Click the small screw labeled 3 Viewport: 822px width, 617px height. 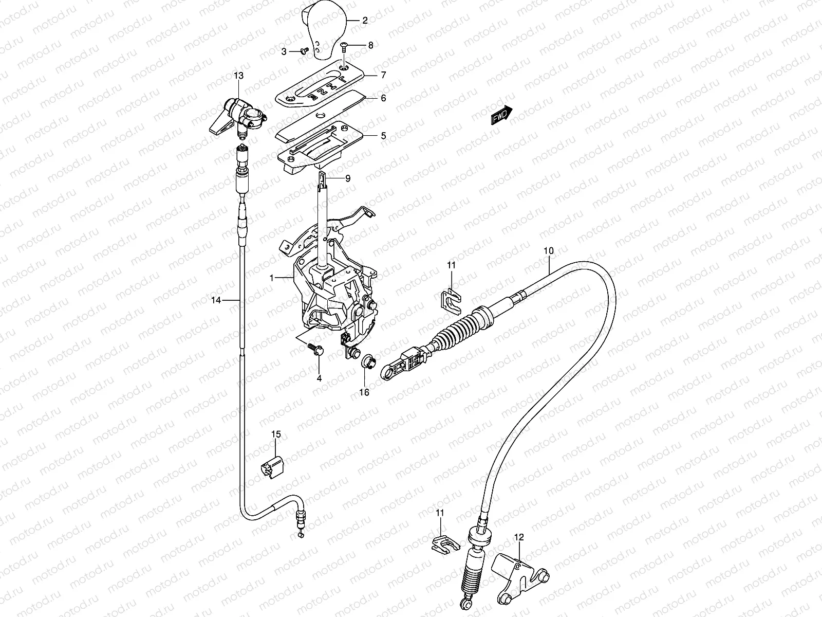pyautogui.click(x=304, y=51)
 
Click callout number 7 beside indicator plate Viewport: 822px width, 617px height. pyautogui.click(x=383, y=75)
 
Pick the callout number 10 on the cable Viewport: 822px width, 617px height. pyautogui.click(x=549, y=251)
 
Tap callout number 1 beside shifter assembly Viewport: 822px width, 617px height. pyautogui.click(x=272, y=278)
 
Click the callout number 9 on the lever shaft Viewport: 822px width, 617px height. pyautogui.click(x=348, y=178)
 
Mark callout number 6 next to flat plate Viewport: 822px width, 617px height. pyautogui.click(x=383, y=98)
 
